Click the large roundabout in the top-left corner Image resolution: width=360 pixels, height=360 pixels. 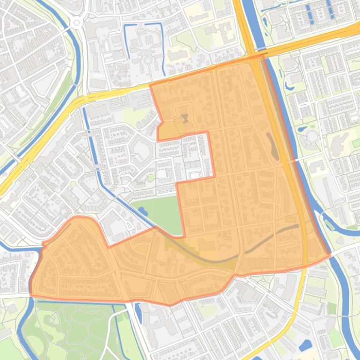76,22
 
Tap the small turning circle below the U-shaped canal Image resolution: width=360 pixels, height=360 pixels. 148,60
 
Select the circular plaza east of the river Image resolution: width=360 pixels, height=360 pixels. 312,137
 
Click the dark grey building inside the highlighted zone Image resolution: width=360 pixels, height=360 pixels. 185,118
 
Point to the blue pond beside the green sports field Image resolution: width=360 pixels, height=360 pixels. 142,211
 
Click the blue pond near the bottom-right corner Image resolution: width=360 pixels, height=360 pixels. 305,345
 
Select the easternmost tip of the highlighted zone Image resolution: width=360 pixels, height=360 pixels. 330,254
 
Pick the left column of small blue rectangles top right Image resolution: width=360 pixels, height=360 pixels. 308,14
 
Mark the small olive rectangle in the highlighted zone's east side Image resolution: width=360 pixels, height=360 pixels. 291,219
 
